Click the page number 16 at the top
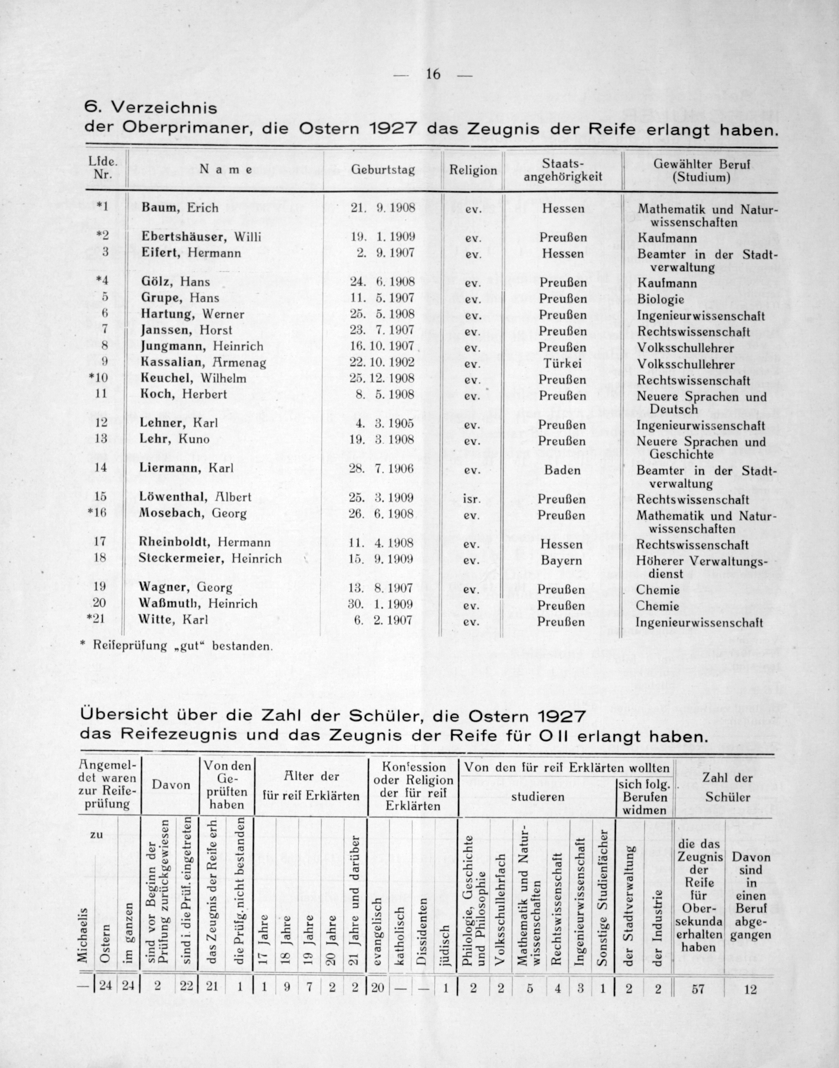click(433, 74)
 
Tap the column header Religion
click(473, 170)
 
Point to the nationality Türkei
click(563, 363)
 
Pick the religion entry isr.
click(472, 499)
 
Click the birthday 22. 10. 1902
click(382, 362)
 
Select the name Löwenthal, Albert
click(195, 497)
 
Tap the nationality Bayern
click(561, 560)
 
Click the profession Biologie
click(660, 299)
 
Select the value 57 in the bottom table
click(698, 988)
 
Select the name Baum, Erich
click(180, 207)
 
